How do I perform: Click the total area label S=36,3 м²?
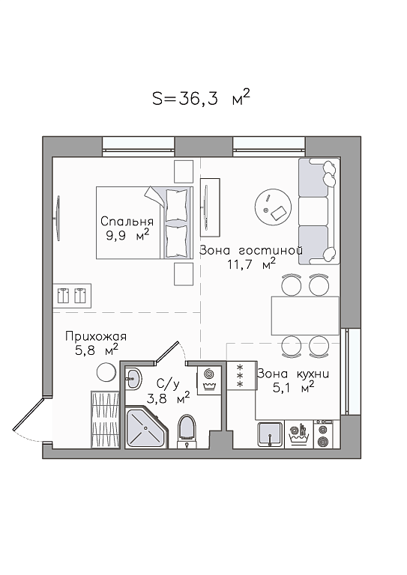201,98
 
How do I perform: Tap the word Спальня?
127,221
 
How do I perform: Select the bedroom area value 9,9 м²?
127,234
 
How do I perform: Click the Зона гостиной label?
251,251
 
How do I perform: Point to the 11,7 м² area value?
251,264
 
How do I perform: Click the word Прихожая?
96,337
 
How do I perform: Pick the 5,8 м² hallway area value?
97,350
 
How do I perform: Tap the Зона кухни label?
293,374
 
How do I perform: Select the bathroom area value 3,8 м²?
168,398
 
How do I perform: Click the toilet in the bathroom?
187,431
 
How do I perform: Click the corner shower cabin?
145,428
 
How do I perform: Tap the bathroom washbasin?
133,377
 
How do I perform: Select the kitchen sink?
270,434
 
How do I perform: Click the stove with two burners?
323,434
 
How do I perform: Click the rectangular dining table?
305,316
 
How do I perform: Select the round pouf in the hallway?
106,372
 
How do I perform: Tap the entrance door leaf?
29,413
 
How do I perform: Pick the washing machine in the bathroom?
209,380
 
